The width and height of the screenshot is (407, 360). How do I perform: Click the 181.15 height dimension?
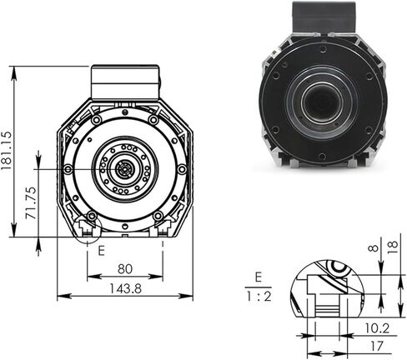click(x=8, y=150)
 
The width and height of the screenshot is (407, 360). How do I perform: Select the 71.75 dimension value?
click(x=30, y=202)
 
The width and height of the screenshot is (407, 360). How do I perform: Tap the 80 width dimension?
click(x=124, y=269)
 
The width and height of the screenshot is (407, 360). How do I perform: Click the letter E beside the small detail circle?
click(x=100, y=248)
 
